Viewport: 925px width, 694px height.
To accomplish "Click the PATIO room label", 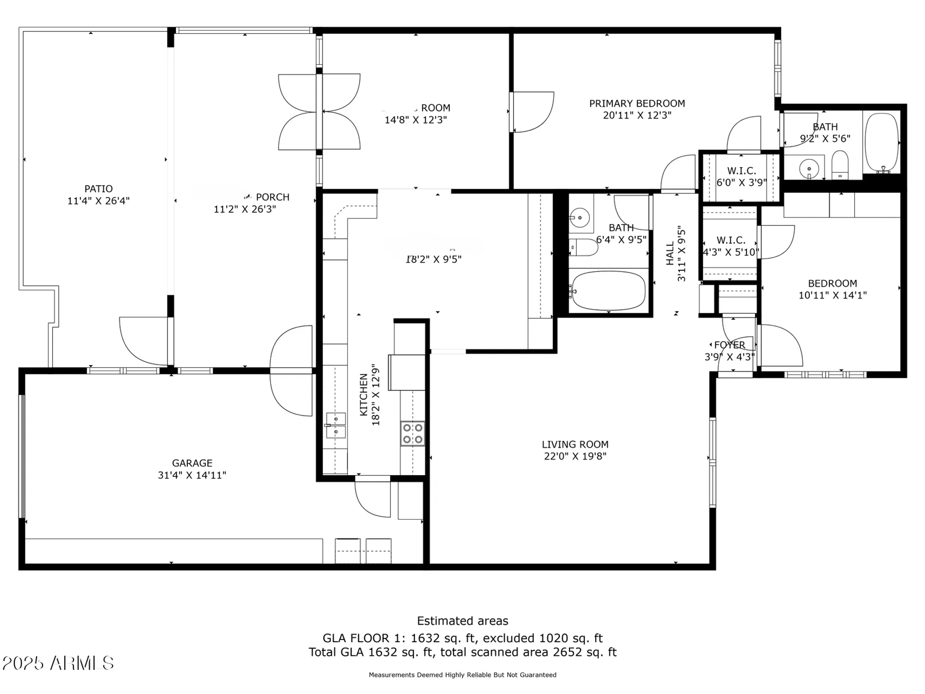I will [98, 189].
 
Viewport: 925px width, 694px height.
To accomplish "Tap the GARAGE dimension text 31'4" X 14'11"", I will [192, 475].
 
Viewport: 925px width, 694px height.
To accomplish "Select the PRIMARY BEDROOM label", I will [637, 104].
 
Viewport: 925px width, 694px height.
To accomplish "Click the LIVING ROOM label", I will [575, 445].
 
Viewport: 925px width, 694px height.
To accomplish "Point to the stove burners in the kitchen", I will [412, 434].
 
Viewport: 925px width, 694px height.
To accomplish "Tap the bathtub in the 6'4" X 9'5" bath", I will [608, 291].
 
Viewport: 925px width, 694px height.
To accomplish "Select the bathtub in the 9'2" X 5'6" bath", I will [882, 143].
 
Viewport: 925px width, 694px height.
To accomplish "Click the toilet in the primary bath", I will [840, 165].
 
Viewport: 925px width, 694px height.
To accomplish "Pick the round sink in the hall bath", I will [579, 217].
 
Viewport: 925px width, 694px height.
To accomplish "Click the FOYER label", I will [729, 345].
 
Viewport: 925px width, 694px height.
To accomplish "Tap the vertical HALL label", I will [670, 254].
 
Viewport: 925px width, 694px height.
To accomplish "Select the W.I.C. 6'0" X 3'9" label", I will [741, 177].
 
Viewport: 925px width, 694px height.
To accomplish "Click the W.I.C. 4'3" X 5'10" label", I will [731, 246].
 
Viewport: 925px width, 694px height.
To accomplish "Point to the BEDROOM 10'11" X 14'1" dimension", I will [832, 295].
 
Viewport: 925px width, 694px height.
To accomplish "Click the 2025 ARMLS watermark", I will [58, 663].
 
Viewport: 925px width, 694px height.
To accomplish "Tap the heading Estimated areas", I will [462, 621].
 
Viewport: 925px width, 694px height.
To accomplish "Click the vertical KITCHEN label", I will [364, 395].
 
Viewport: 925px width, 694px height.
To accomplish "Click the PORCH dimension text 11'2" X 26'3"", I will [244, 209].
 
